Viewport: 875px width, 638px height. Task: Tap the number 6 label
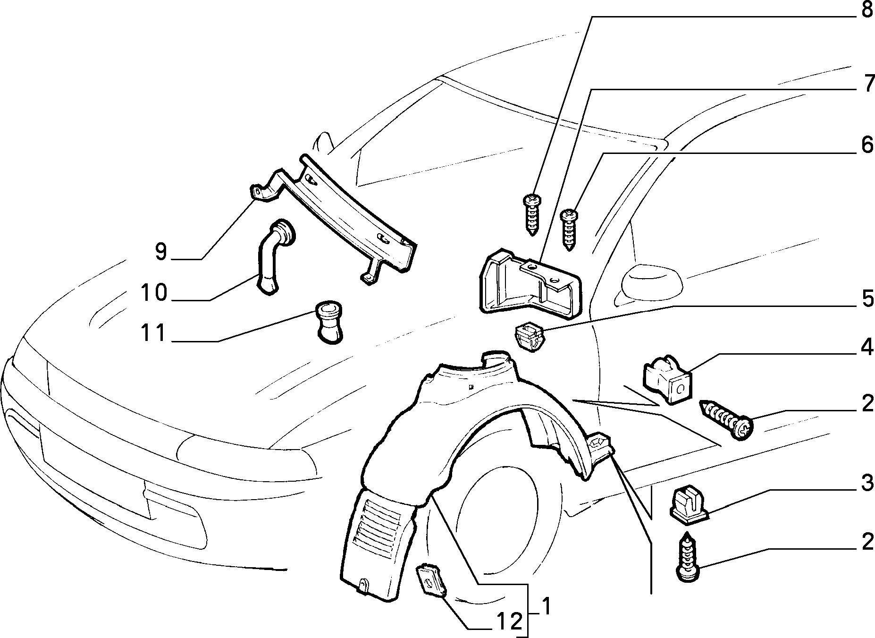(867, 145)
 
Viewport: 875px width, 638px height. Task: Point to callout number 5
(867, 299)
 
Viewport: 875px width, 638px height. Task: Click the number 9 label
(161, 252)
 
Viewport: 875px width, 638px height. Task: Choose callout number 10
(154, 293)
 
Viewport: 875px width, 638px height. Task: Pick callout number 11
(154, 333)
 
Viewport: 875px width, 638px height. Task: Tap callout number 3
(867, 485)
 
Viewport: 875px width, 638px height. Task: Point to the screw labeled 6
(569, 231)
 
